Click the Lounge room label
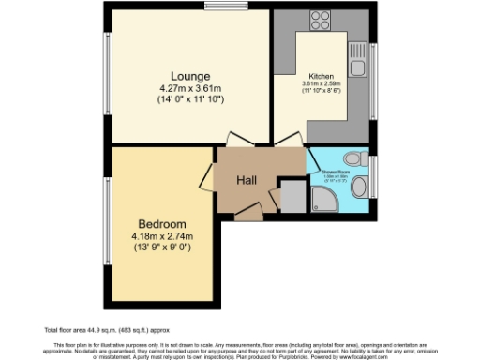tap(189, 76)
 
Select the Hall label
tap(247, 180)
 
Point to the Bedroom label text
tap(162, 224)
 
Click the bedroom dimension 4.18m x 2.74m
tap(162, 236)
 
